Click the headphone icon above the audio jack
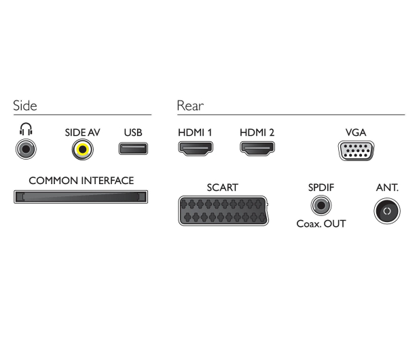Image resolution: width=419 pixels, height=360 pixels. click(26, 129)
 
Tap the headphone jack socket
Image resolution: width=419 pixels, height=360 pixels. click(26, 149)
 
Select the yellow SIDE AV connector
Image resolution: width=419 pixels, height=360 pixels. click(83, 149)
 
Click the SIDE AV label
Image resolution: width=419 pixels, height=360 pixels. click(82, 132)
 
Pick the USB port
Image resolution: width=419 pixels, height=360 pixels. click(133, 149)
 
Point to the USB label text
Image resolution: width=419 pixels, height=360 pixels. click(133, 132)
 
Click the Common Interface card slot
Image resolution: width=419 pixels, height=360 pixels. click(81, 197)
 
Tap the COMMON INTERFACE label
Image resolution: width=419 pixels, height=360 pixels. click(81, 181)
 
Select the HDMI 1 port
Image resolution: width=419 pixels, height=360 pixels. click(196, 149)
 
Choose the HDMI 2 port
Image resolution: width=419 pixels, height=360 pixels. click(257, 149)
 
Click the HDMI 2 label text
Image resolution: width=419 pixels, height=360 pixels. click(257, 132)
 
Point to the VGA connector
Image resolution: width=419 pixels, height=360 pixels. click(356, 151)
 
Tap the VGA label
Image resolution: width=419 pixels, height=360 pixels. click(356, 132)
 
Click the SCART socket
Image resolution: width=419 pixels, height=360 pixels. click(223, 211)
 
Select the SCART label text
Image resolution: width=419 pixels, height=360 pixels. click(222, 187)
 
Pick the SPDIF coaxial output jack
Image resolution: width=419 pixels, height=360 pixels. click(321, 205)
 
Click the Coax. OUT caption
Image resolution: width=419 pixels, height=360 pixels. click(321, 224)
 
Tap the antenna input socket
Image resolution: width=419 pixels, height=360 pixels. click(387, 211)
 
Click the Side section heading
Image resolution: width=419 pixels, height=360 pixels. click(25, 105)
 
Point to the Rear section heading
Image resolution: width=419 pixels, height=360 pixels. click(190, 106)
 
